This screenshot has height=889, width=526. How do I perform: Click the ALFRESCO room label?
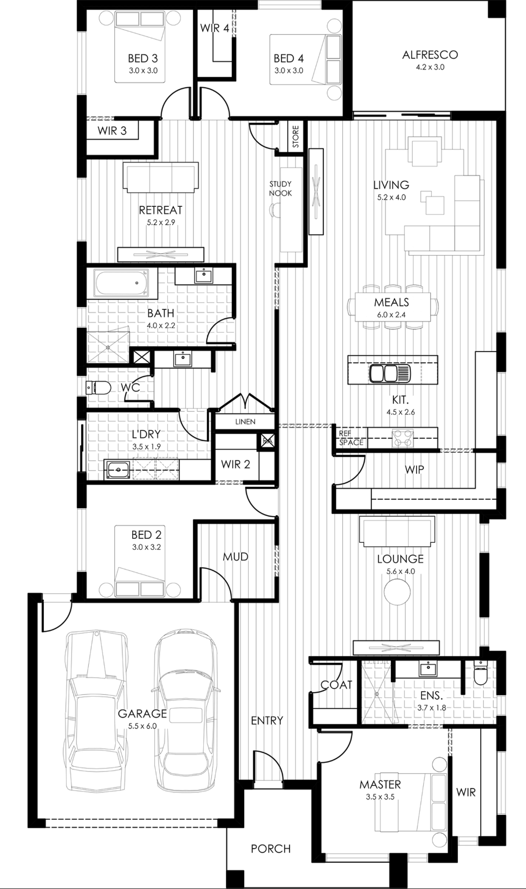(430, 55)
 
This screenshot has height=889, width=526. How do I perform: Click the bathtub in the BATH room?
(122, 283)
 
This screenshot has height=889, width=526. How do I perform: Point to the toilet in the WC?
(98, 387)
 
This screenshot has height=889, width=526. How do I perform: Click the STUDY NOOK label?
(280, 189)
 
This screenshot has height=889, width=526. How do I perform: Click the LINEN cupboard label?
(245, 421)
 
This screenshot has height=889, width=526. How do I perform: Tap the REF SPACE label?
(351, 438)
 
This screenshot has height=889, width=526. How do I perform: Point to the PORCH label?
(271, 849)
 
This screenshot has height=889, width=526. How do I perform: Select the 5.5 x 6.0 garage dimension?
(143, 726)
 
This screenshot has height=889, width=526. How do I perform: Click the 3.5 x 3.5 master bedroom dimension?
(380, 797)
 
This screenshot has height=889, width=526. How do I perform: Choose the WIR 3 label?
(112, 131)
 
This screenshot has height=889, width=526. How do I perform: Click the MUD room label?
(236, 557)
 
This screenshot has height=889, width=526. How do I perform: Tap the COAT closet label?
(336, 685)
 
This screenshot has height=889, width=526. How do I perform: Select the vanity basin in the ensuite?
(427, 669)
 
